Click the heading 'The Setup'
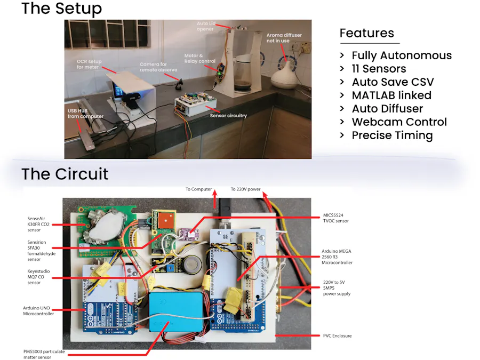(x=61, y=9)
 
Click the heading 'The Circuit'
(x=65, y=174)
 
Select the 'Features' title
(x=366, y=33)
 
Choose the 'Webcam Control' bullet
(x=399, y=122)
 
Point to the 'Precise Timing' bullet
(x=392, y=135)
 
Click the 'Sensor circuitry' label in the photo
(x=228, y=115)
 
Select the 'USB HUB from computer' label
(x=85, y=114)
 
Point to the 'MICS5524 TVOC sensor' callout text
(x=335, y=218)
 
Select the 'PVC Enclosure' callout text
(x=337, y=336)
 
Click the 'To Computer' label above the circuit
(x=198, y=189)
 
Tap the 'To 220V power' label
(x=245, y=189)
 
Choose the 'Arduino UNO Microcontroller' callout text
(x=38, y=310)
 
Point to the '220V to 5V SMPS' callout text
(x=337, y=287)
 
